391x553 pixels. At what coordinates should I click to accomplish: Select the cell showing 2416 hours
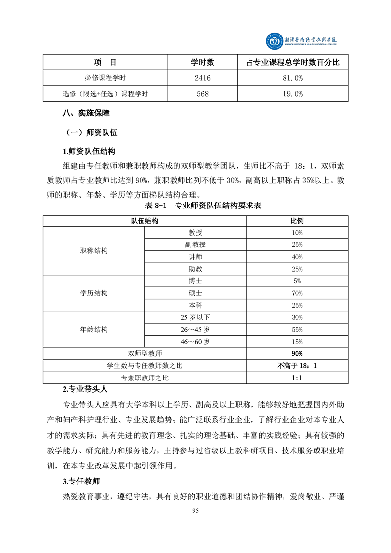[x=203, y=78]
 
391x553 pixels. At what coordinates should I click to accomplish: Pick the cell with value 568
[x=203, y=94]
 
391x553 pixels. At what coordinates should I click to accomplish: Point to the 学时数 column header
[x=203, y=62]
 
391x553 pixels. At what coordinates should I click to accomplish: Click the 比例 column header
[x=297, y=221]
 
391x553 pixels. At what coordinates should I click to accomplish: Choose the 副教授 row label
[x=195, y=245]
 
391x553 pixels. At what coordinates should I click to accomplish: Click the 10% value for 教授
[x=297, y=233]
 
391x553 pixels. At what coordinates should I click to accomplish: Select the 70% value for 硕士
[x=297, y=293]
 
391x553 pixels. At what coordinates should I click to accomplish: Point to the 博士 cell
[x=195, y=281]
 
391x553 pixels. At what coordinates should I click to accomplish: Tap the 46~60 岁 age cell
[x=195, y=342]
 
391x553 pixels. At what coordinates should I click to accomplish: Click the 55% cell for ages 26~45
[x=297, y=329]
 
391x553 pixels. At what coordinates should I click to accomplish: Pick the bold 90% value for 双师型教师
[x=297, y=353]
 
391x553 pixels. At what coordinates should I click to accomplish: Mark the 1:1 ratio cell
[x=297, y=378]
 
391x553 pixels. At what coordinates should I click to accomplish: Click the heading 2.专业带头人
[x=85, y=389]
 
